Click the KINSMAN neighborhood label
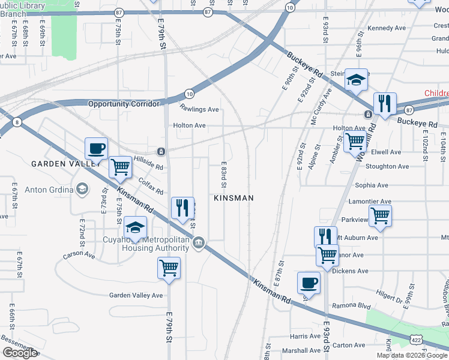click(x=234, y=197)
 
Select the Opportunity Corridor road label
click(x=124, y=104)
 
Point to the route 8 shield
click(x=17, y=122)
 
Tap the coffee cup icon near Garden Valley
click(x=96, y=148)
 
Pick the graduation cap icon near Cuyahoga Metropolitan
click(x=135, y=228)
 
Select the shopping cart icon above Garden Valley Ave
click(x=169, y=268)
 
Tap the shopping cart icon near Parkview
click(x=379, y=215)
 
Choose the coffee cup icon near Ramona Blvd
click(x=309, y=282)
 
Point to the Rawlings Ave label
click(x=199, y=109)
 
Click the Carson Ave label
click(x=79, y=255)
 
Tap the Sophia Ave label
click(x=373, y=186)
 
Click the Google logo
click(x=20, y=353)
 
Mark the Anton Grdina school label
click(x=49, y=190)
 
